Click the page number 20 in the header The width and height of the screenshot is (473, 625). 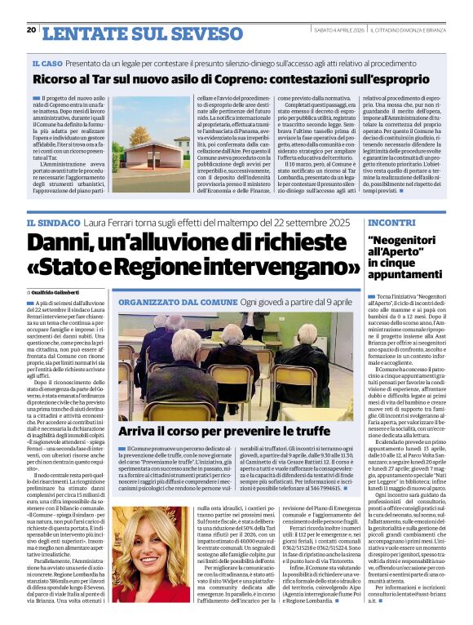pyautogui.click(x=31, y=30)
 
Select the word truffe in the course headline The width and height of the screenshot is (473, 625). pyautogui.click(x=300, y=431)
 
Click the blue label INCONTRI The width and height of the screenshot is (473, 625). pyautogui.click(x=391, y=223)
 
